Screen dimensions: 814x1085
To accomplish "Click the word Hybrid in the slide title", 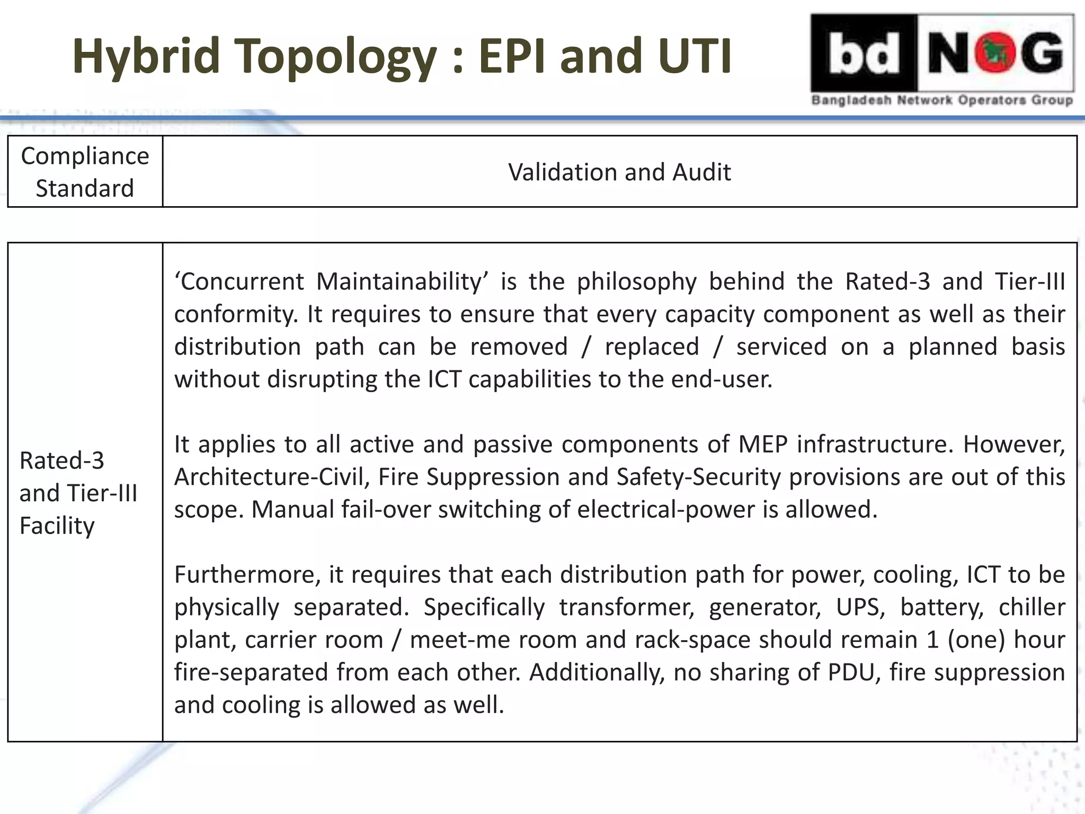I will [x=146, y=56].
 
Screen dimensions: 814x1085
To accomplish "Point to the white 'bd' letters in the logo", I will [x=864, y=53].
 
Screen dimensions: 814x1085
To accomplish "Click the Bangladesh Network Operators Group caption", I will [x=942, y=100].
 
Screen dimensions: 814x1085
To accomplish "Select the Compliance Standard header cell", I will [x=85, y=172].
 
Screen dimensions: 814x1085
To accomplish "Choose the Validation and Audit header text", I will [x=619, y=172].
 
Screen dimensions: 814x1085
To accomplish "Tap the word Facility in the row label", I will [x=57, y=526].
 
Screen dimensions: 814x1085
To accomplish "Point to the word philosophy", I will [x=637, y=281].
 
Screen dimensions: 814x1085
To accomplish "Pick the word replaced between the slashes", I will [x=652, y=347].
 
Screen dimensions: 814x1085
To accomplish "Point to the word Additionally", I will [x=597, y=672].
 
